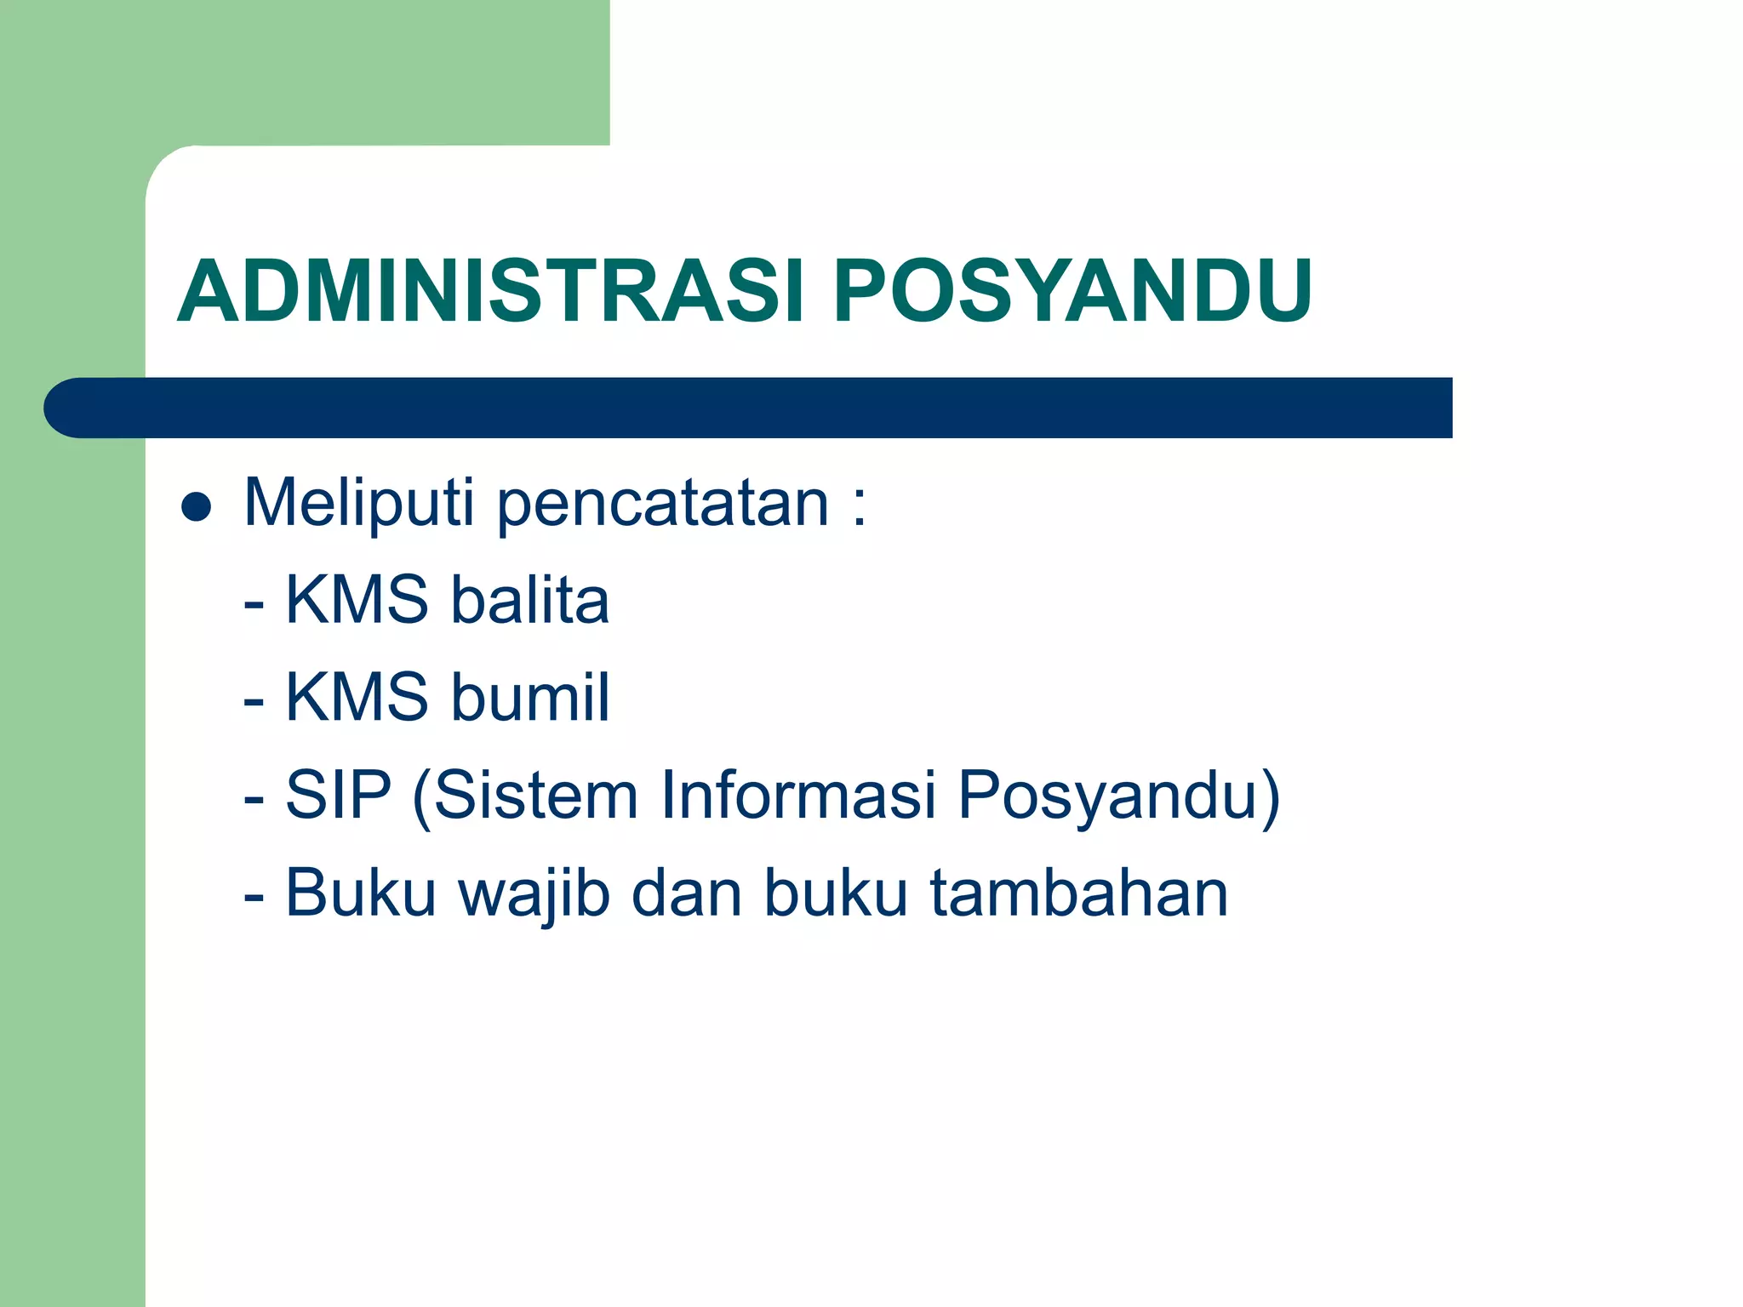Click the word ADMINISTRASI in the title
click(x=489, y=291)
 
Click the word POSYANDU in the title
click(x=1072, y=291)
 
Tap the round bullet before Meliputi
click(x=197, y=507)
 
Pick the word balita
click(x=529, y=600)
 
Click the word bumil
click(x=529, y=697)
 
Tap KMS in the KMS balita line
click(x=356, y=600)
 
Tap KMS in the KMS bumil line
click(x=356, y=697)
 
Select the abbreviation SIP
click(x=338, y=795)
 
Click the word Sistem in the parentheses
click(x=536, y=795)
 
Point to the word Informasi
click(x=797, y=795)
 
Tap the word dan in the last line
click(x=686, y=893)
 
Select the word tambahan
click(x=1078, y=893)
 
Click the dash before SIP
click(x=254, y=800)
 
